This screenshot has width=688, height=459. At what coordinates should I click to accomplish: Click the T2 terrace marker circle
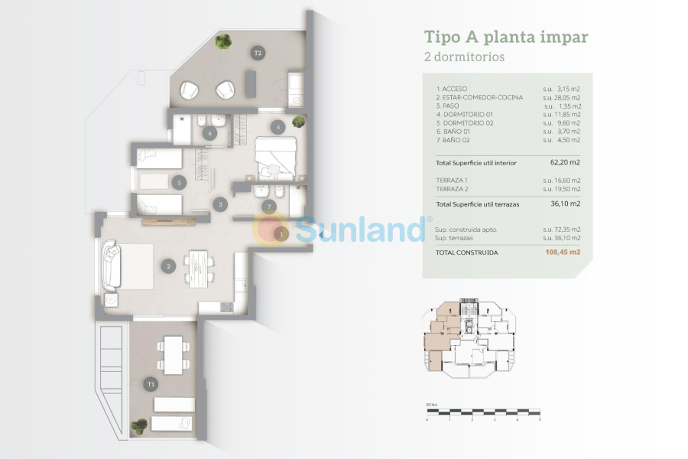[258, 53]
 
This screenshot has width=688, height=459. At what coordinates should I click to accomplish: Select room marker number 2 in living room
[169, 266]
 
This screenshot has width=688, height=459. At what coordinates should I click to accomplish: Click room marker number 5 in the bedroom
[179, 182]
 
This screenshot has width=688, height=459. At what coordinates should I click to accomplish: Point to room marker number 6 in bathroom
[209, 133]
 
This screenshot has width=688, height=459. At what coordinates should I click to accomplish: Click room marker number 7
[268, 206]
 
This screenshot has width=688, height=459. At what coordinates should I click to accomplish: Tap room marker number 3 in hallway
[220, 204]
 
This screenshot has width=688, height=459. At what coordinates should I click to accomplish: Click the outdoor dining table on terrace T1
[174, 354]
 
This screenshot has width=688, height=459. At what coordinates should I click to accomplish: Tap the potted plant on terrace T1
[139, 425]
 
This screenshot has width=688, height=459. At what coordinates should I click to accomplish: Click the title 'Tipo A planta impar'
[506, 37]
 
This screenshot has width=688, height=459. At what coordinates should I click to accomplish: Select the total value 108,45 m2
[562, 252]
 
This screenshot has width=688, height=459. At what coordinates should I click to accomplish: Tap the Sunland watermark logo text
[359, 229]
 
